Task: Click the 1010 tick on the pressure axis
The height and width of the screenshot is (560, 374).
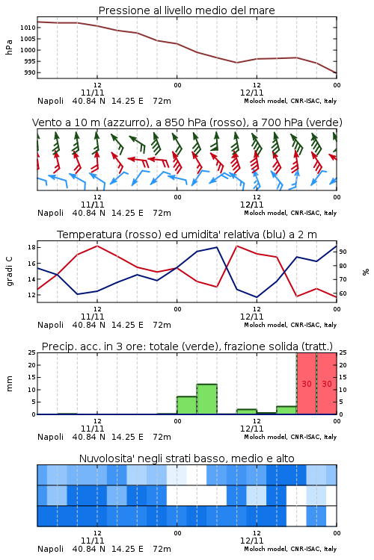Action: pyautogui.click(x=28, y=28)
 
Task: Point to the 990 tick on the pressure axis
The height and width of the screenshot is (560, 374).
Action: pyautogui.click(x=30, y=72)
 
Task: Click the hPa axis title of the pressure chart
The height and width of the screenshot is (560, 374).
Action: pyautogui.click(x=9, y=47)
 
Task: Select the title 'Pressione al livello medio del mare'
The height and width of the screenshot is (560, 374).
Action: pyautogui.click(x=187, y=10)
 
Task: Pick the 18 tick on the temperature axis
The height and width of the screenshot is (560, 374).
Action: pyautogui.click(x=31, y=247)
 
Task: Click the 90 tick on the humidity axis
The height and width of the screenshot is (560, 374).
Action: pyautogui.click(x=343, y=252)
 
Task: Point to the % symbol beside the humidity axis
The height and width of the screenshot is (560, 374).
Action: pyautogui.click(x=366, y=272)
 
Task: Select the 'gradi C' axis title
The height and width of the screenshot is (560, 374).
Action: pyautogui.click(x=9, y=272)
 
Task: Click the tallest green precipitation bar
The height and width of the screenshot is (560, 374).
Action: pyautogui.click(x=207, y=399)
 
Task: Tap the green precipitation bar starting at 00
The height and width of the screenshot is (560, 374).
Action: pyautogui.click(x=187, y=405)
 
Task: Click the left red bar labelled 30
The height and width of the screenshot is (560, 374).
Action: pyautogui.click(x=307, y=384)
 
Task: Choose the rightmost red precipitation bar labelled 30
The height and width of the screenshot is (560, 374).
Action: pyautogui.click(x=327, y=384)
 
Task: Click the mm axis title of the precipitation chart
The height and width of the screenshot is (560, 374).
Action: pyautogui.click(x=9, y=383)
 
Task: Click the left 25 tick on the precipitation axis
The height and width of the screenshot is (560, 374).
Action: pyautogui.click(x=31, y=352)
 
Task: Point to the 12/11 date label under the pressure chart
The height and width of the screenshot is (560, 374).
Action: pyautogui.click(x=252, y=93)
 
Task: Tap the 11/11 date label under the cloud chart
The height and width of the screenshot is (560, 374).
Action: pyautogui.click(x=93, y=541)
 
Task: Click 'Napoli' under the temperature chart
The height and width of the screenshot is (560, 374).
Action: pyautogui.click(x=50, y=325)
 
